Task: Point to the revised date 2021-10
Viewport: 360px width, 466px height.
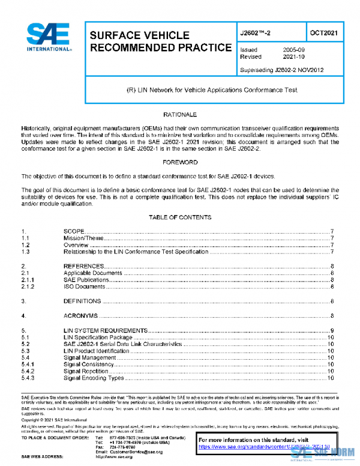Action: coord(295,56)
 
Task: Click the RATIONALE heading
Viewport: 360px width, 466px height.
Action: coord(179,114)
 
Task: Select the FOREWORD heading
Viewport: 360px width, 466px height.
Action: coord(179,162)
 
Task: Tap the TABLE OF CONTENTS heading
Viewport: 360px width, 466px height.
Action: coord(179,217)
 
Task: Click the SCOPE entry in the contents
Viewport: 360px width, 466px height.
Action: coord(74,232)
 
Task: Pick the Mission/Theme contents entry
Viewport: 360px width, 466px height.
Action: coord(84,238)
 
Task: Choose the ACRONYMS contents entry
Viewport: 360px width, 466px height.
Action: coord(80,315)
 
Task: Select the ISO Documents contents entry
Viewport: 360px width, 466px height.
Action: coord(85,286)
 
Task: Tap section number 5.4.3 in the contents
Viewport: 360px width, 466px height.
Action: coord(28,378)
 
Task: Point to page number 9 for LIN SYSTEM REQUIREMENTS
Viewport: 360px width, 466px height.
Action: coord(332,331)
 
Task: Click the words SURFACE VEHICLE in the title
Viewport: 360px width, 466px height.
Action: coord(139,35)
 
